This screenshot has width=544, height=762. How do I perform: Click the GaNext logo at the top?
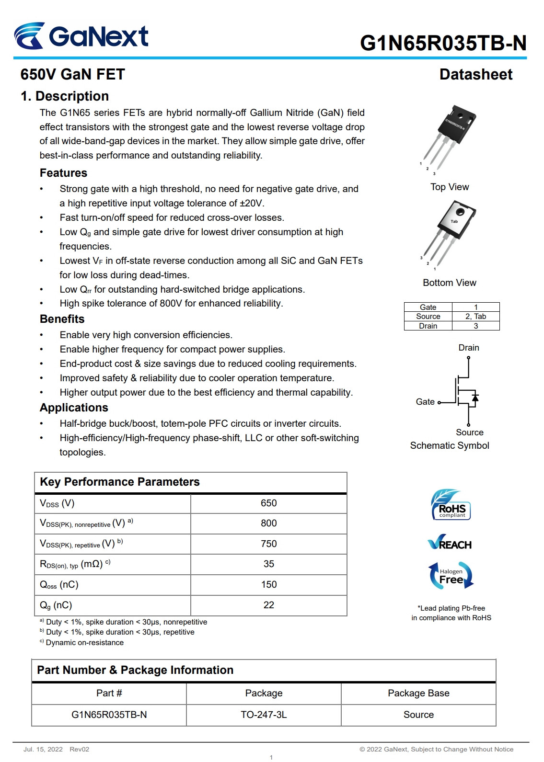click(81, 36)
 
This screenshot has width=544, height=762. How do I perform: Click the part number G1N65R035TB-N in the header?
click(443, 43)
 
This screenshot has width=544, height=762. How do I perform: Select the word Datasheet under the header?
click(475, 75)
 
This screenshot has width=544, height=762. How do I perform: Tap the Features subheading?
click(63, 173)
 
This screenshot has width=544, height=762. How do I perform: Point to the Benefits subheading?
click(62, 319)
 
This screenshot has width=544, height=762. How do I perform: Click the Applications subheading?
click(74, 408)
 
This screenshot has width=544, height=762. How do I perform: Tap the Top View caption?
click(450, 187)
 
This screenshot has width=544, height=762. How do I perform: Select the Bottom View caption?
click(450, 283)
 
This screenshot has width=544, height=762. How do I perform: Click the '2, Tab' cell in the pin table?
click(475, 317)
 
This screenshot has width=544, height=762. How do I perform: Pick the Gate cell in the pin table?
click(428, 307)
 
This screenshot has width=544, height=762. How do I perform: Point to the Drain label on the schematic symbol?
click(469, 348)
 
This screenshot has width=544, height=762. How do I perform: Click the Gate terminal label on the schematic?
click(425, 402)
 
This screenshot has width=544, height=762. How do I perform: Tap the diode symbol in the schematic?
click(475, 398)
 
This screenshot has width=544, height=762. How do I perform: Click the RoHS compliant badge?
click(451, 505)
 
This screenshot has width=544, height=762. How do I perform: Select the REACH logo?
click(450, 543)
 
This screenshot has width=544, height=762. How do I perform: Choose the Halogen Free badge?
click(451, 575)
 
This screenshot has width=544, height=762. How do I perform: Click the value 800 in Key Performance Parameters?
click(268, 523)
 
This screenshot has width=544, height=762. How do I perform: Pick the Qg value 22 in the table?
click(268, 605)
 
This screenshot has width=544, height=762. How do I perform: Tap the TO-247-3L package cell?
click(264, 715)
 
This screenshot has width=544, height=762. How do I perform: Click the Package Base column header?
click(418, 694)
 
